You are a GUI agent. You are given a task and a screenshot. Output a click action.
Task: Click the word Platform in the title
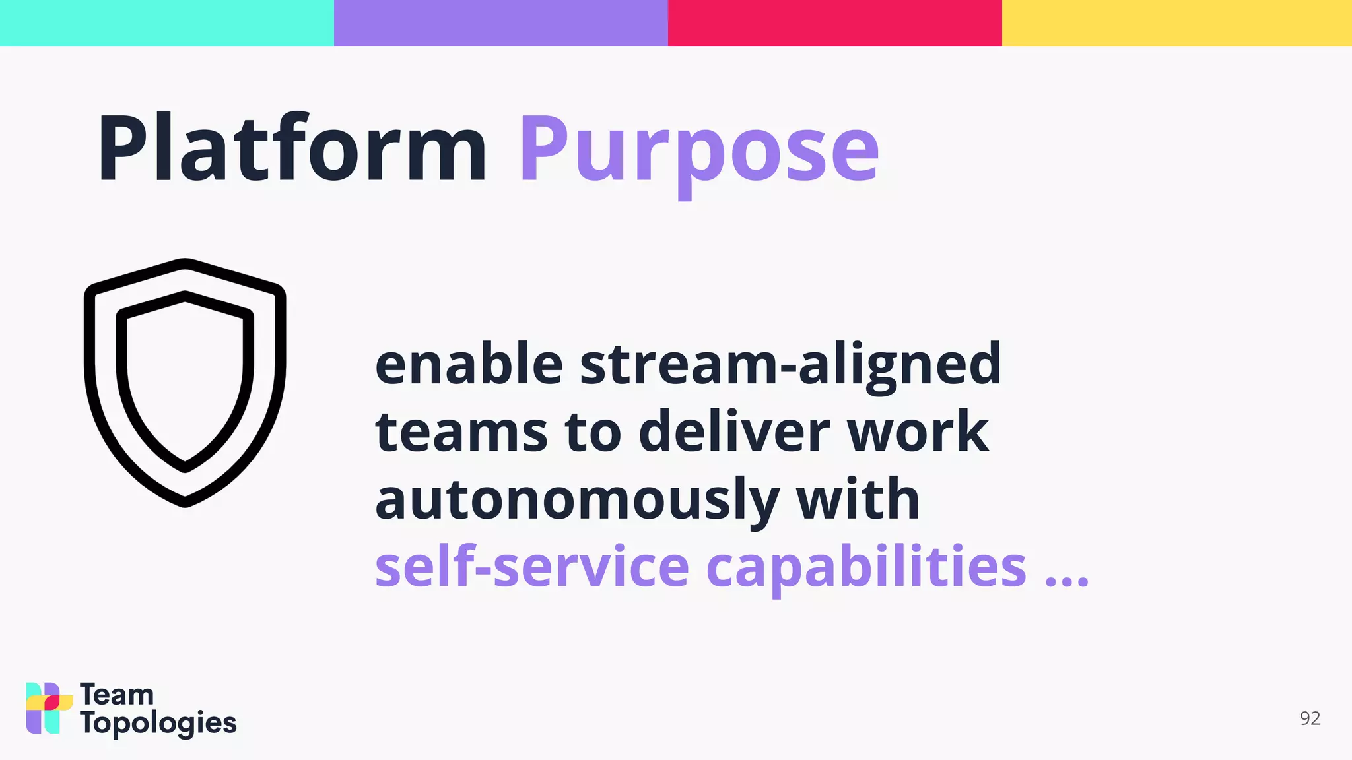tap(292, 149)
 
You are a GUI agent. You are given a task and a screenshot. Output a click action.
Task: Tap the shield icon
tap(185, 383)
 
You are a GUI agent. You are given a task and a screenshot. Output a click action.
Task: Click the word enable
tap(469, 364)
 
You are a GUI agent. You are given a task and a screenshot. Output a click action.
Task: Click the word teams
tap(461, 432)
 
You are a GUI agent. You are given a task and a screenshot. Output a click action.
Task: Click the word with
tap(858, 499)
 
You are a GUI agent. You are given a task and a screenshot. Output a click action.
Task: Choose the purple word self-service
tap(532, 567)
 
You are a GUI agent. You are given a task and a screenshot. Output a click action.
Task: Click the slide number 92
tap(1310, 718)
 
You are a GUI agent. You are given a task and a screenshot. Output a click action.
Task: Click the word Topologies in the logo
tap(158, 724)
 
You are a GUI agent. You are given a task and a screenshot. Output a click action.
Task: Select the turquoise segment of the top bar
tap(167, 23)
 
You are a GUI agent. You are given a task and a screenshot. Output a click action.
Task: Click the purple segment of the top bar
tap(501, 23)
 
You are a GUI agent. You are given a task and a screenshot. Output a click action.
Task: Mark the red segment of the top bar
tap(835, 23)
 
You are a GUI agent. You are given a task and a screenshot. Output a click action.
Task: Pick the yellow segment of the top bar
tap(1177, 23)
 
